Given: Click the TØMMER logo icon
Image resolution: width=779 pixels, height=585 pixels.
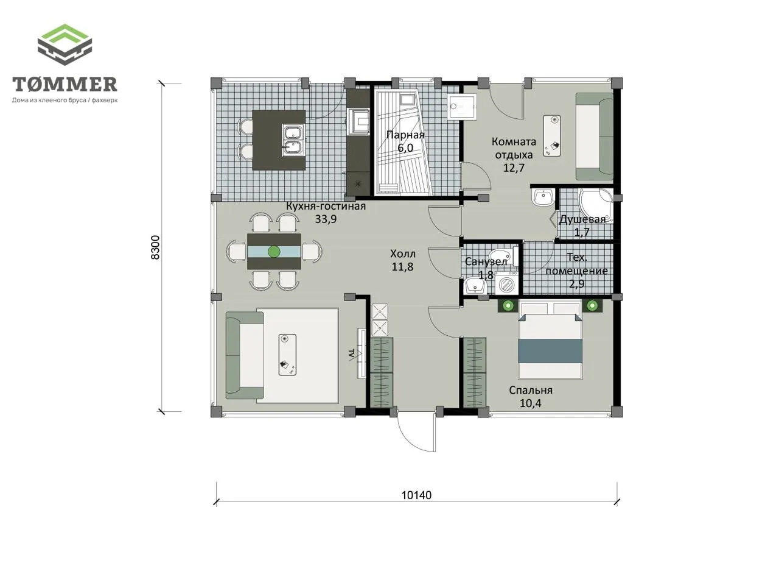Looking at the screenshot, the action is click(65, 44).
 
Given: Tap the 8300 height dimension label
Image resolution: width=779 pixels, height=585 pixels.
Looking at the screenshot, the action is click(155, 247).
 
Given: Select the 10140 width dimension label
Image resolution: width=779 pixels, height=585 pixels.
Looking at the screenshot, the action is click(416, 495).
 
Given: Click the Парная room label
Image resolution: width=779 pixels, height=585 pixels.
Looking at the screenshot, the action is click(405, 135).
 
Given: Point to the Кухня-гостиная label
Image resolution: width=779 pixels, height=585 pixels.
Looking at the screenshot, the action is click(326, 206).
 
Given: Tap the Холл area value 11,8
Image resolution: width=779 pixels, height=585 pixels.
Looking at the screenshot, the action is click(402, 267).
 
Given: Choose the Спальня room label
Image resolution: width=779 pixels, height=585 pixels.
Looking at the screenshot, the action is click(531, 391).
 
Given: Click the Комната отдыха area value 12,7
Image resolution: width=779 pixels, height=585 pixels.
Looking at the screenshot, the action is click(514, 168).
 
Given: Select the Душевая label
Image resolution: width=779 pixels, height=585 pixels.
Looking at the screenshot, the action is click(582, 219).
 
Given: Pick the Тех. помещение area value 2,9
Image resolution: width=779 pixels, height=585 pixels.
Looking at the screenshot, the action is click(577, 284).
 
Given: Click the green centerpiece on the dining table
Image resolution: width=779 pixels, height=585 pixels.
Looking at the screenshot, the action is click(274, 252).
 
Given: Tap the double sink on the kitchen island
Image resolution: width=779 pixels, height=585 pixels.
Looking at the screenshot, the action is click(293, 140).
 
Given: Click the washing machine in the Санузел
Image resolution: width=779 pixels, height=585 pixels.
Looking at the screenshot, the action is click(506, 283).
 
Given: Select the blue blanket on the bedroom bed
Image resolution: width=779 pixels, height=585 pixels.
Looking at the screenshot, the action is click(550, 350).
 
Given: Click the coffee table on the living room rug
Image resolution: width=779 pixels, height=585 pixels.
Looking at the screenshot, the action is click(287, 355).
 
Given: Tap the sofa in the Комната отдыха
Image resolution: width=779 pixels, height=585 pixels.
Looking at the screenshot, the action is click(594, 136).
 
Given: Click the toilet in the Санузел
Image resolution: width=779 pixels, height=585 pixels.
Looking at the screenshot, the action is click(501, 255).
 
